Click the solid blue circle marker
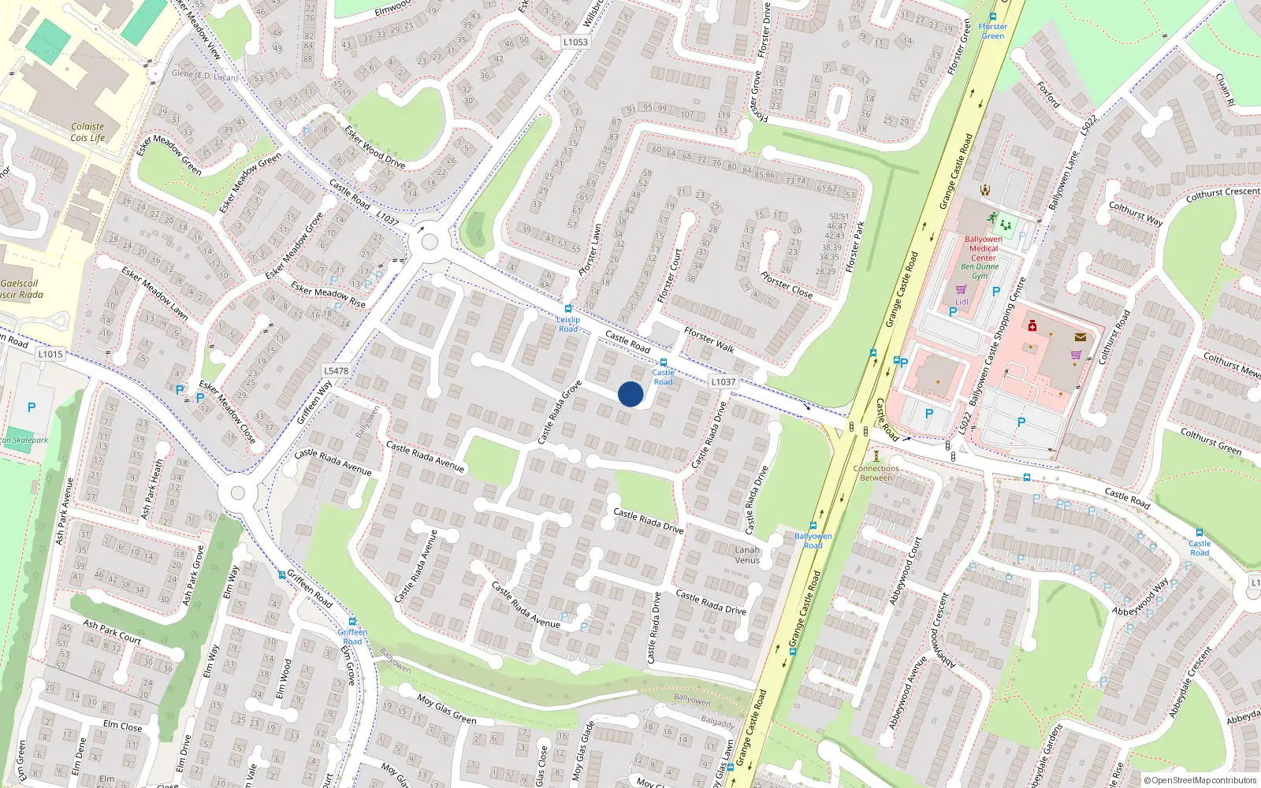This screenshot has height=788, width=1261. pyautogui.click(x=630, y=394)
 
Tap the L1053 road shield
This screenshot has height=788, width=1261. pyautogui.click(x=575, y=42)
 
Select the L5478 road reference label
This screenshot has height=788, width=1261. pyautogui.click(x=336, y=370)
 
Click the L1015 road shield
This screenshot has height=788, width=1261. pyautogui.click(x=50, y=354)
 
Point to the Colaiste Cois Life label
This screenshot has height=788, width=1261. pyautogui.click(x=87, y=132)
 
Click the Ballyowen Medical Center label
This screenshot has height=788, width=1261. pyautogui.click(x=983, y=248)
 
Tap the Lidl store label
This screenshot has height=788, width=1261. pyautogui.click(x=962, y=302)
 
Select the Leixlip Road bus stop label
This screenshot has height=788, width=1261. pyautogui.click(x=568, y=324)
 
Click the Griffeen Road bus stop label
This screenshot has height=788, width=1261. pyautogui.click(x=352, y=636)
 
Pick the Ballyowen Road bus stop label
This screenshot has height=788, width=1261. pyautogui.click(x=813, y=541)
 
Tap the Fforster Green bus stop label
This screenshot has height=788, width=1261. pyautogui.click(x=992, y=31)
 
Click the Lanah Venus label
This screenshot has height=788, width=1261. pyautogui.click(x=747, y=555)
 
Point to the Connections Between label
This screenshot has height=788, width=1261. pyautogui.click(x=876, y=473)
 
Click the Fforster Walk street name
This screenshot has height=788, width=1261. pyautogui.click(x=709, y=340)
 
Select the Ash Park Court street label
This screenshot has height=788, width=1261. pyautogui.click(x=112, y=633)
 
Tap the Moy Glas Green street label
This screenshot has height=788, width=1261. pyautogui.click(x=447, y=708)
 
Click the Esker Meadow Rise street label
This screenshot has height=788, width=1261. pyautogui.click(x=328, y=294)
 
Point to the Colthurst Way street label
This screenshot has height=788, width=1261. pyautogui.click(x=1136, y=214)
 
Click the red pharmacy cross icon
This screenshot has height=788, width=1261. pyautogui.click(x=1032, y=325)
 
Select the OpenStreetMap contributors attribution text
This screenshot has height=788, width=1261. pyautogui.click(x=1200, y=780)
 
